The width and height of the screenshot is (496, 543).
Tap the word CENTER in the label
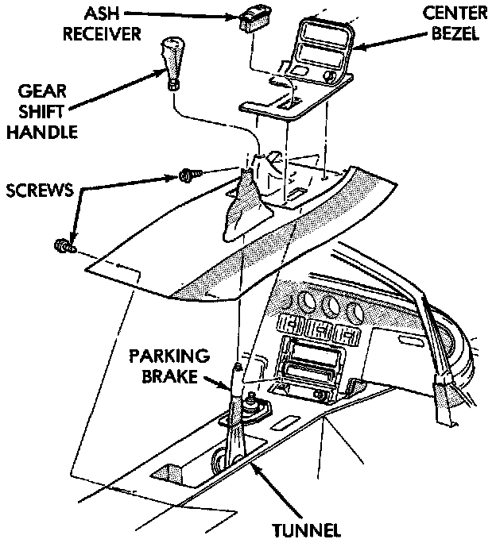point(455,13)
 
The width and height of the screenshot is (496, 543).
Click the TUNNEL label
point(308,529)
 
